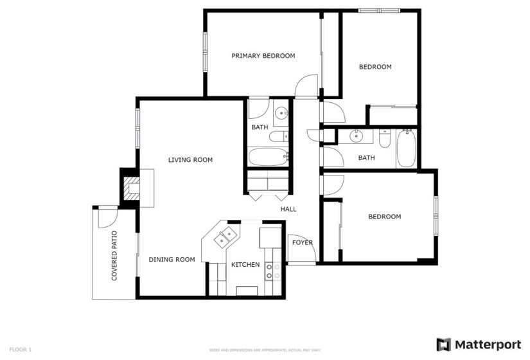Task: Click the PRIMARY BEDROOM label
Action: (x=263, y=56)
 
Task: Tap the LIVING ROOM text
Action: (x=190, y=160)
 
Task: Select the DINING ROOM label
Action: (x=172, y=260)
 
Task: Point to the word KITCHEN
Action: (x=245, y=264)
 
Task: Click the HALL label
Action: (x=288, y=209)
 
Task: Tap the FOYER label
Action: (x=303, y=242)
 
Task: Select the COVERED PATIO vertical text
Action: (x=114, y=256)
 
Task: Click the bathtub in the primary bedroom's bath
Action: (x=267, y=156)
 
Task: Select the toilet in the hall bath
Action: (x=385, y=139)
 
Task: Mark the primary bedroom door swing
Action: (x=307, y=85)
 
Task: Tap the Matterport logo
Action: (x=479, y=344)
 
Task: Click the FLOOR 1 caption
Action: (x=21, y=350)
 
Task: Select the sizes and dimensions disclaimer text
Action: (x=265, y=350)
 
